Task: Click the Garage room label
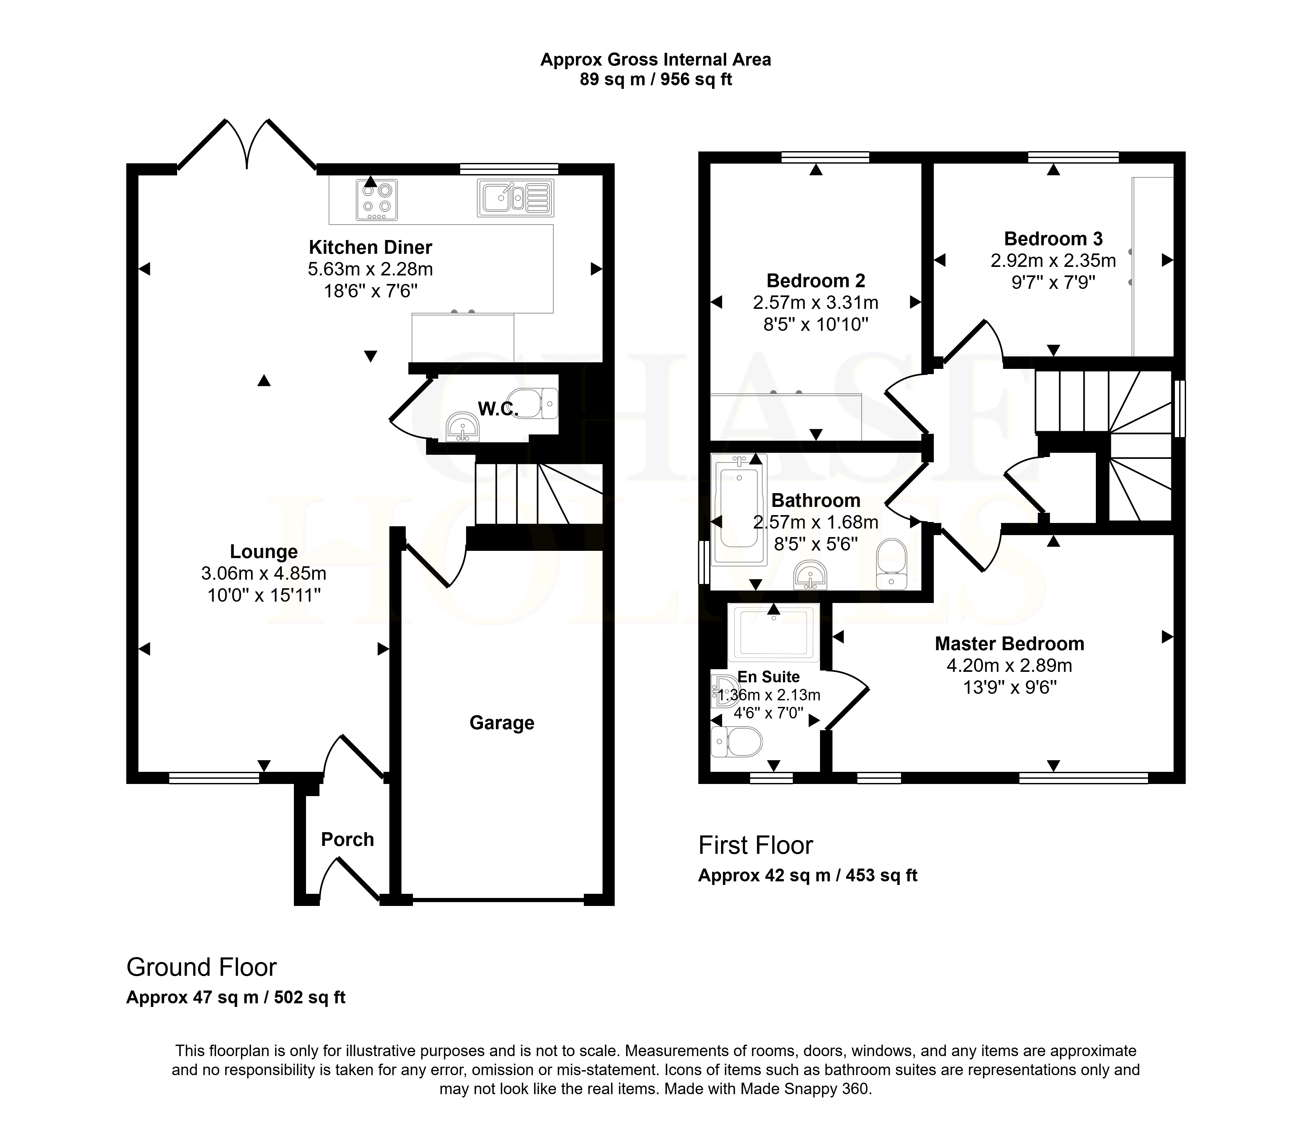[502, 723]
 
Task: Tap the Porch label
[347, 839]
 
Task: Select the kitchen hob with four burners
[377, 199]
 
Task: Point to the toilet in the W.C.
[532, 403]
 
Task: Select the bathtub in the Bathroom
[739, 510]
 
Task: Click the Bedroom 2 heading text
[815, 280]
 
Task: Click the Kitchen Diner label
[370, 247]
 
